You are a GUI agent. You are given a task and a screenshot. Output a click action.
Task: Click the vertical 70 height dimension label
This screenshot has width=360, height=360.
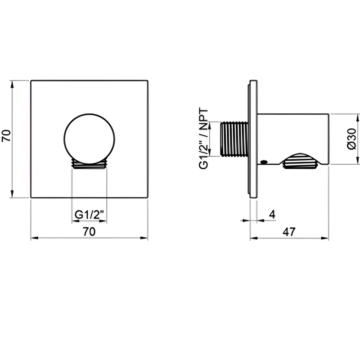(x=6, y=136)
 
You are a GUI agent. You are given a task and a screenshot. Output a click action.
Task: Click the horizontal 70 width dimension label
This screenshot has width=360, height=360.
(x=89, y=231)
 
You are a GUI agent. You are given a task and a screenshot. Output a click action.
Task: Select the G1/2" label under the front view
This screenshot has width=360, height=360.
(x=89, y=215)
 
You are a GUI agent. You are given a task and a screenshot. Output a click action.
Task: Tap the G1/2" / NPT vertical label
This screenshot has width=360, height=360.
(x=204, y=139)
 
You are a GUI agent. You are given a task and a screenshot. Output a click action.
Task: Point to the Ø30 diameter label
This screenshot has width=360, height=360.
(x=351, y=139)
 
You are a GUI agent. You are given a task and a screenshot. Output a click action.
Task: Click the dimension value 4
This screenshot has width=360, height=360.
(x=272, y=215)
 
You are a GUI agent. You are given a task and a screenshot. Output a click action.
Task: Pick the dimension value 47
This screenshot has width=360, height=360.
(x=289, y=232)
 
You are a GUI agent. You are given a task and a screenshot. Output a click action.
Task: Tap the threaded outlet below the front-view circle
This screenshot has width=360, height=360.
(x=89, y=164)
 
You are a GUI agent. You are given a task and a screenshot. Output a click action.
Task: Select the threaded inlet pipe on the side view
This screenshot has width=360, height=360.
(x=234, y=139)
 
